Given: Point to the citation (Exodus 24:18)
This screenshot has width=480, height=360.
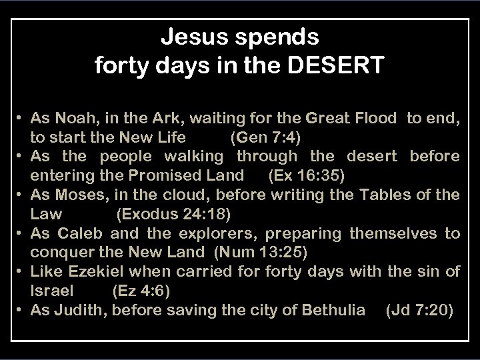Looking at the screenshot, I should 173,215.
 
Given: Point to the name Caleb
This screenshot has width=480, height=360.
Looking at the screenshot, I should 81,233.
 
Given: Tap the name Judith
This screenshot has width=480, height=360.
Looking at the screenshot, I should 75,310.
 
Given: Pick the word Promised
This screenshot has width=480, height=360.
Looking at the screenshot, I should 171,176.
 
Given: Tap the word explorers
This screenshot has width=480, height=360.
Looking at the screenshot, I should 203,233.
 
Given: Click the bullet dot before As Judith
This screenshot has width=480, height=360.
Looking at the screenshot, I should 21,310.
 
